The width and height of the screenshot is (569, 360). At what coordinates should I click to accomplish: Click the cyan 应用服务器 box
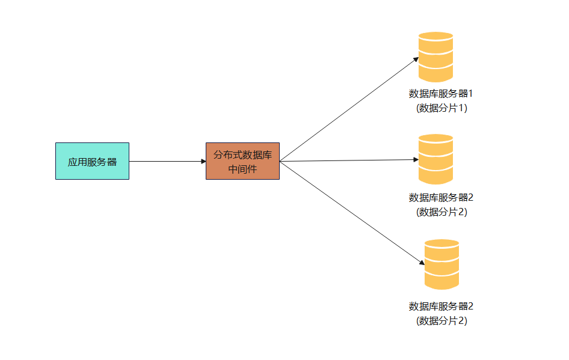click(x=92, y=161)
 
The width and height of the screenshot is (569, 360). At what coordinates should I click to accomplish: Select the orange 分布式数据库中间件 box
click(x=242, y=161)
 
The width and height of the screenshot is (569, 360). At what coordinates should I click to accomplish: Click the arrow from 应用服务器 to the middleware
click(x=168, y=161)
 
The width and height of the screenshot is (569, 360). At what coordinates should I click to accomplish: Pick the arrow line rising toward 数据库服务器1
click(x=349, y=109)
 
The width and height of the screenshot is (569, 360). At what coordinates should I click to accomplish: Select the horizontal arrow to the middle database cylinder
click(x=349, y=160)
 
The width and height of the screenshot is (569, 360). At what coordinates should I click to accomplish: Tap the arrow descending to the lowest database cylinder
click(x=352, y=213)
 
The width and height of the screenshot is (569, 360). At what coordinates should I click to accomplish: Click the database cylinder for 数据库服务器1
click(x=435, y=57)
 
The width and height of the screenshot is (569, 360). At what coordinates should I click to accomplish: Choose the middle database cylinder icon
click(x=435, y=159)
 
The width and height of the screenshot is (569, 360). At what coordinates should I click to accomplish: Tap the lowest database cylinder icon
click(x=441, y=264)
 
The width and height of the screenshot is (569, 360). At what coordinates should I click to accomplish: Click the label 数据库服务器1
click(x=441, y=94)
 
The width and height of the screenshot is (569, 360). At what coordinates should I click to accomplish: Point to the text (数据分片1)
click(x=441, y=108)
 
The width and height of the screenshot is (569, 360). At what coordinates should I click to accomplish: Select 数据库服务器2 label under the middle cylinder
click(x=441, y=198)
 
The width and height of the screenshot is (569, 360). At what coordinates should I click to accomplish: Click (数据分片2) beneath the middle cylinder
click(x=441, y=212)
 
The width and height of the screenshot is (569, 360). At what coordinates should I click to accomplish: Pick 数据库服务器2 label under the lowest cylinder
click(x=441, y=307)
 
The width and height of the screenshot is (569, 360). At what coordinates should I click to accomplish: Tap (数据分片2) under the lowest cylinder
click(x=441, y=321)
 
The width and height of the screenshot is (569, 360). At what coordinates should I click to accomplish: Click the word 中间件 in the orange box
click(x=242, y=169)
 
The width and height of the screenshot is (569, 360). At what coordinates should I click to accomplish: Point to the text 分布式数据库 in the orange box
click(x=242, y=155)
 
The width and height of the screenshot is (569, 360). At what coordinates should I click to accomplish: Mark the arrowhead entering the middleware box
click(x=203, y=161)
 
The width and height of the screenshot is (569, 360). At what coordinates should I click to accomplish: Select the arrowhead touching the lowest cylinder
click(x=422, y=263)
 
